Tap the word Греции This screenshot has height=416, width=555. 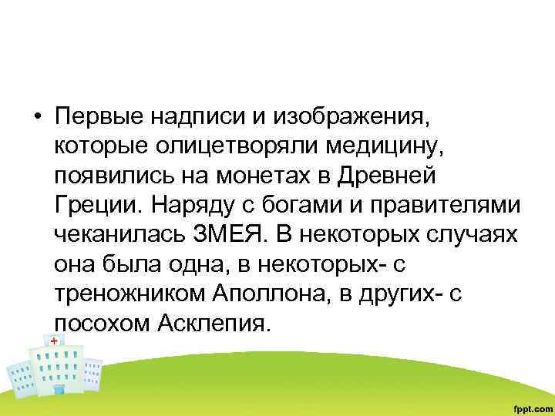(96, 206)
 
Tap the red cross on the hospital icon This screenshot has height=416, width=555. (54, 340)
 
